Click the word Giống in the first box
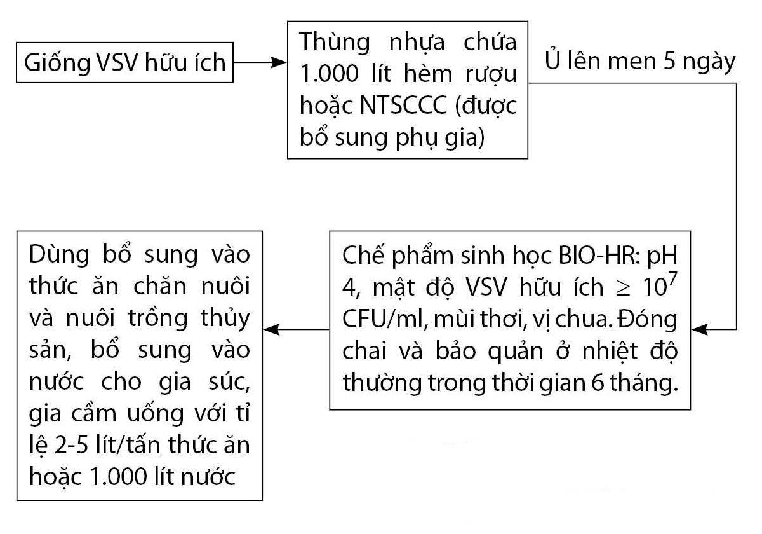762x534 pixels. point(57,63)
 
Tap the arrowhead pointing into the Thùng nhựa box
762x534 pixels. point(279,62)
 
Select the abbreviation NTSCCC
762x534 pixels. point(403,106)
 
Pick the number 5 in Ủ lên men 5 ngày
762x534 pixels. point(669,62)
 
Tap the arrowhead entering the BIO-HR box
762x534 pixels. point(700,329)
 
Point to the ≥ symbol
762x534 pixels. point(624,288)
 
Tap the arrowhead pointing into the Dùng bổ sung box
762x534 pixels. point(272,329)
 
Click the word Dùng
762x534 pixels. point(59,256)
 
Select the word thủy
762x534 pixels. point(225,318)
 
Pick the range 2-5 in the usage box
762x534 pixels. point(71,446)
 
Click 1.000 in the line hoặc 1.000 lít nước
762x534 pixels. point(117,477)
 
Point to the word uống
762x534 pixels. point(156,413)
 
